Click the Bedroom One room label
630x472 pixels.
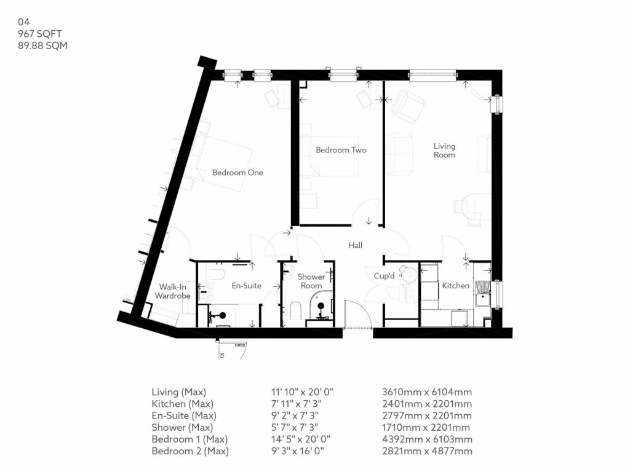(x=237, y=173)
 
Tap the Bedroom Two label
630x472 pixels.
(x=341, y=150)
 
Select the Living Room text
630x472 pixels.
(x=444, y=151)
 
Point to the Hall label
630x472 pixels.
(x=355, y=245)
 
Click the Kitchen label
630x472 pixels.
(x=456, y=286)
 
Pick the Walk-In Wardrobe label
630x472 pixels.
(x=172, y=291)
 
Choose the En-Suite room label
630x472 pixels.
(x=246, y=286)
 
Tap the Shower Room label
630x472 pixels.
(x=311, y=281)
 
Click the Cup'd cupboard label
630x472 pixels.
(x=384, y=277)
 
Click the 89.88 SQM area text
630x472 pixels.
(x=42, y=45)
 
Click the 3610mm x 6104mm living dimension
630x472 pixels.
(x=427, y=392)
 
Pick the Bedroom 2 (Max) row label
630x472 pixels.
(x=190, y=452)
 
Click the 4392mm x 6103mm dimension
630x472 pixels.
(x=427, y=439)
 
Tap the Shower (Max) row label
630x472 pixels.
(x=182, y=428)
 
